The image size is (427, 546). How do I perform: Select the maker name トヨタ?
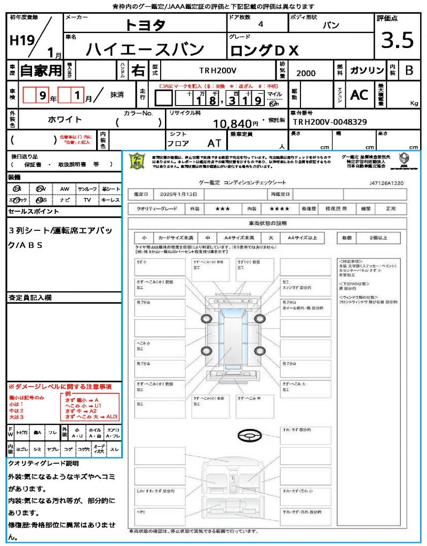(145, 25)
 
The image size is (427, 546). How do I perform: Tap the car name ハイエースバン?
(146, 49)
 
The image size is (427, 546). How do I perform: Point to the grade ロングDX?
(265, 50)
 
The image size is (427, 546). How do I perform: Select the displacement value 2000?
(306, 73)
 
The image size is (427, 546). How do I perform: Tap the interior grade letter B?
(409, 70)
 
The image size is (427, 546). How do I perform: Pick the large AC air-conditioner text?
(359, 95)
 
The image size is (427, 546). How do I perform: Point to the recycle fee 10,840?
(232, 124)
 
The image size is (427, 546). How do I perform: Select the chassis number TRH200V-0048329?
(329, 122)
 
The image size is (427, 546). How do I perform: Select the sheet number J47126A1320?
(386, 182)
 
